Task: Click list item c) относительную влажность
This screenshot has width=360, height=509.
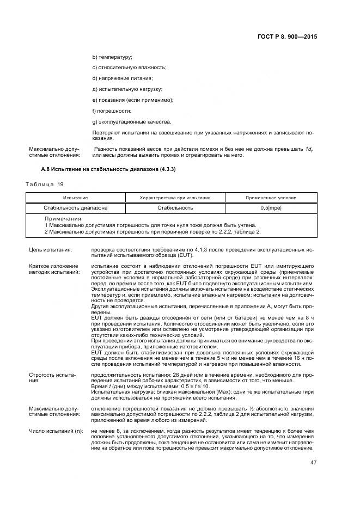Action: [x=129, y=68]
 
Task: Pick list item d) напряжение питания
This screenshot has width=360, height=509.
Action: [x=122, y=78]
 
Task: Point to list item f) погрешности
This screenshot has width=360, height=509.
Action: [x=112, y=110]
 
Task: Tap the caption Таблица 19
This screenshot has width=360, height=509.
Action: [x=41, y=185]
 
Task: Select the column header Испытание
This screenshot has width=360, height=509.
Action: [x=76, y=198]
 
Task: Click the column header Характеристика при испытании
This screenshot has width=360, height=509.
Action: [x=175, y=198]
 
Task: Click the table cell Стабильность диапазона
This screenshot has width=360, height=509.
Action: [x=76, y=208]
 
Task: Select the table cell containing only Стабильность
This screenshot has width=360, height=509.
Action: [x=175, y=208]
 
